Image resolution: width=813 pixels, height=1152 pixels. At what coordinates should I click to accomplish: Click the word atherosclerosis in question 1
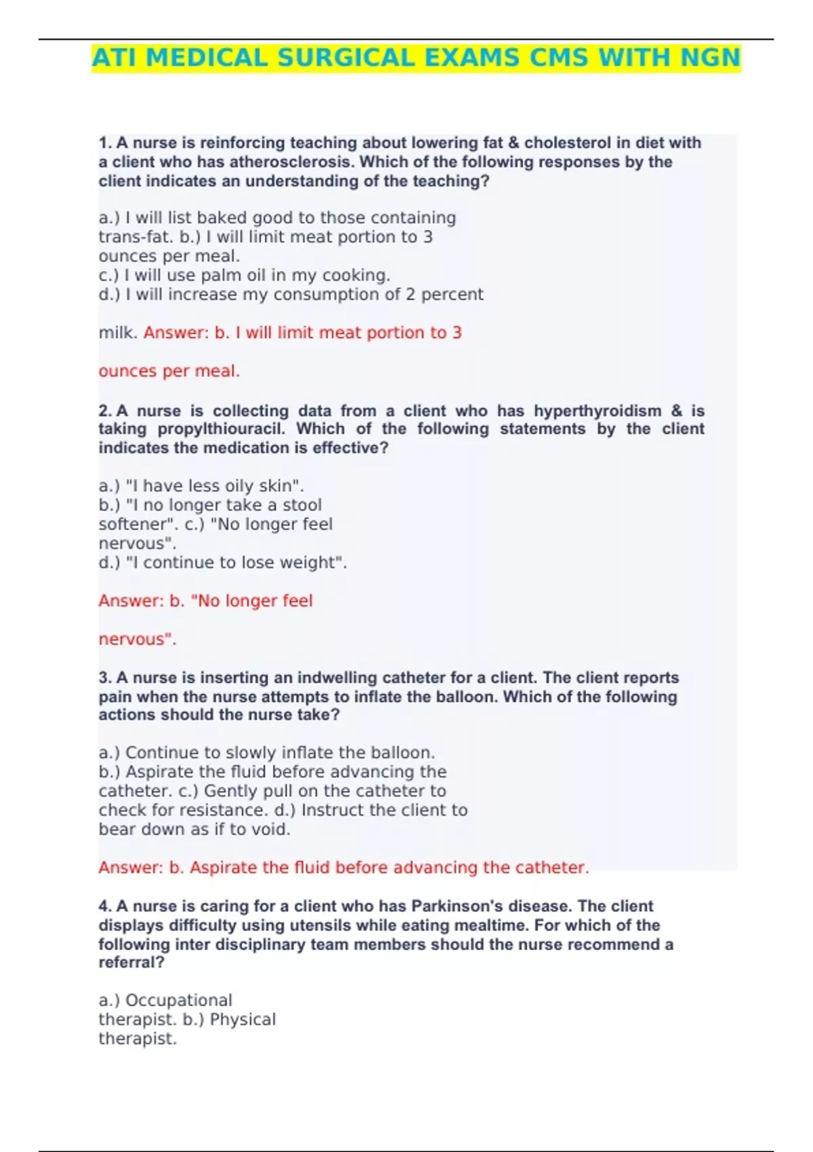[x=293, y=162]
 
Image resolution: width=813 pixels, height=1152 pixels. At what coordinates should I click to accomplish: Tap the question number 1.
[x=104, y=143]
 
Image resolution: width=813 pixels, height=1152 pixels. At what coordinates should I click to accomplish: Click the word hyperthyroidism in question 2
[x=598, y=411]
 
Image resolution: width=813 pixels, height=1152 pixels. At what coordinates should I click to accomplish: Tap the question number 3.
[x=104, y=678]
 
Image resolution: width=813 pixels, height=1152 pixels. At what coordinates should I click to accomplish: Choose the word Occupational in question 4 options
[x=179, y=1000]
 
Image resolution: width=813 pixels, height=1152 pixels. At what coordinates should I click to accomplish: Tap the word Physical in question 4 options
[x=243, y=1019]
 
